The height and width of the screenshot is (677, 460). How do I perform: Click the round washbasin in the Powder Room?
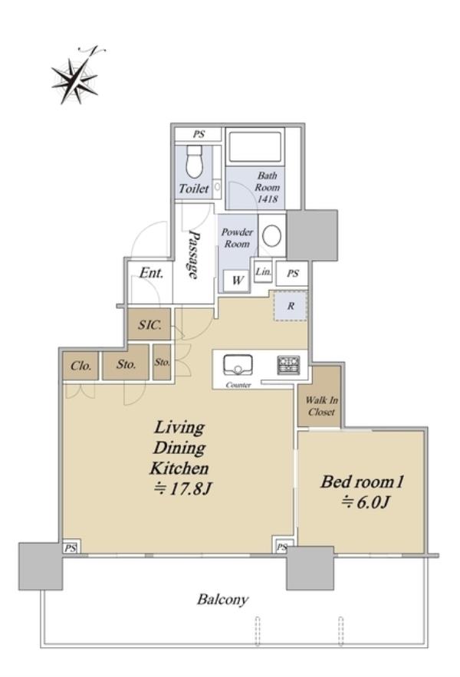(x=271, y=235)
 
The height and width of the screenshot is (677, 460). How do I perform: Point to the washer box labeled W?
(x=236, y=281)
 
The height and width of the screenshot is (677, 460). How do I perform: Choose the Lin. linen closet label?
(x=263, y=272)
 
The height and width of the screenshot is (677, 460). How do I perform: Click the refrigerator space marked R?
(x=291, y=306)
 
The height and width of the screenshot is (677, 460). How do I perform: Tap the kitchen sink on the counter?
(x=238, y=365)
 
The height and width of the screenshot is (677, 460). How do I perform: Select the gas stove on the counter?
(x=288, y=365)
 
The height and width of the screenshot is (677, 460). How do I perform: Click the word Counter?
(x=238, y=385)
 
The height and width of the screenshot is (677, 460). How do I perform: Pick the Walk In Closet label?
(x=321, y=406)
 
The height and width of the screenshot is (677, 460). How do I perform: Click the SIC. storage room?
(x=149, y=324)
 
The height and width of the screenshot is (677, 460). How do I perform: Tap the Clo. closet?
(x=80, y=366)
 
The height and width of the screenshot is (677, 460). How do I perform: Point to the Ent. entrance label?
(x=151, y=273)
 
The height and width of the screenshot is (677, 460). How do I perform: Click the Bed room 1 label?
(x=362, y=481)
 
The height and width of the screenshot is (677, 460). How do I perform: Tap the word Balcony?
(x=222, y=600)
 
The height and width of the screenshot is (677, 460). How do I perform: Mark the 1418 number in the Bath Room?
(x=268, y=199)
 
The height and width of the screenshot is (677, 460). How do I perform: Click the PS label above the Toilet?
(x=199, y=134)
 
